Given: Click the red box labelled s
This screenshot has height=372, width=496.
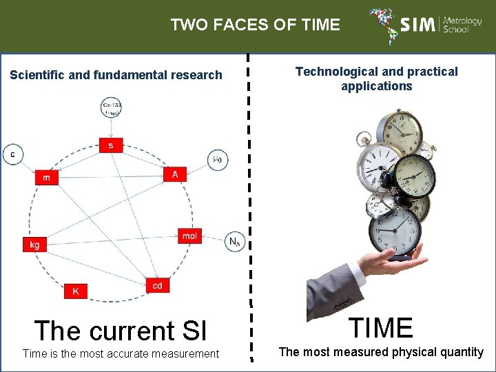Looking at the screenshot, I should point(110,145).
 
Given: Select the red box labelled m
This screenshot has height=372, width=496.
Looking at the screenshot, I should point(46,177).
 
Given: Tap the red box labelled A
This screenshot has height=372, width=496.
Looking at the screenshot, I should point(175,174).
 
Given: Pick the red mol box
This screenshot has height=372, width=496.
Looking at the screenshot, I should point(189,236).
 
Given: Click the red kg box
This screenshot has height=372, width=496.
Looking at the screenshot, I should point(34,245).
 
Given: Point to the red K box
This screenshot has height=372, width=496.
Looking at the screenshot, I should point(76,291).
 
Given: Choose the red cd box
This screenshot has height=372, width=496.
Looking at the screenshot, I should point(158,285).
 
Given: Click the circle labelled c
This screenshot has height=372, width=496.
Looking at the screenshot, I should point(12,154).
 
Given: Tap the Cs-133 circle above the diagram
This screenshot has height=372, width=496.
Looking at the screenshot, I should point(110,108).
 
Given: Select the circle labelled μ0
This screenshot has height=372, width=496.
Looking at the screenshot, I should point(217,160).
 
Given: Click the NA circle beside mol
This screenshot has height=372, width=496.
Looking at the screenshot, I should point(234,242).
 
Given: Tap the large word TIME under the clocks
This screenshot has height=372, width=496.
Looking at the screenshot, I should point(381,327).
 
